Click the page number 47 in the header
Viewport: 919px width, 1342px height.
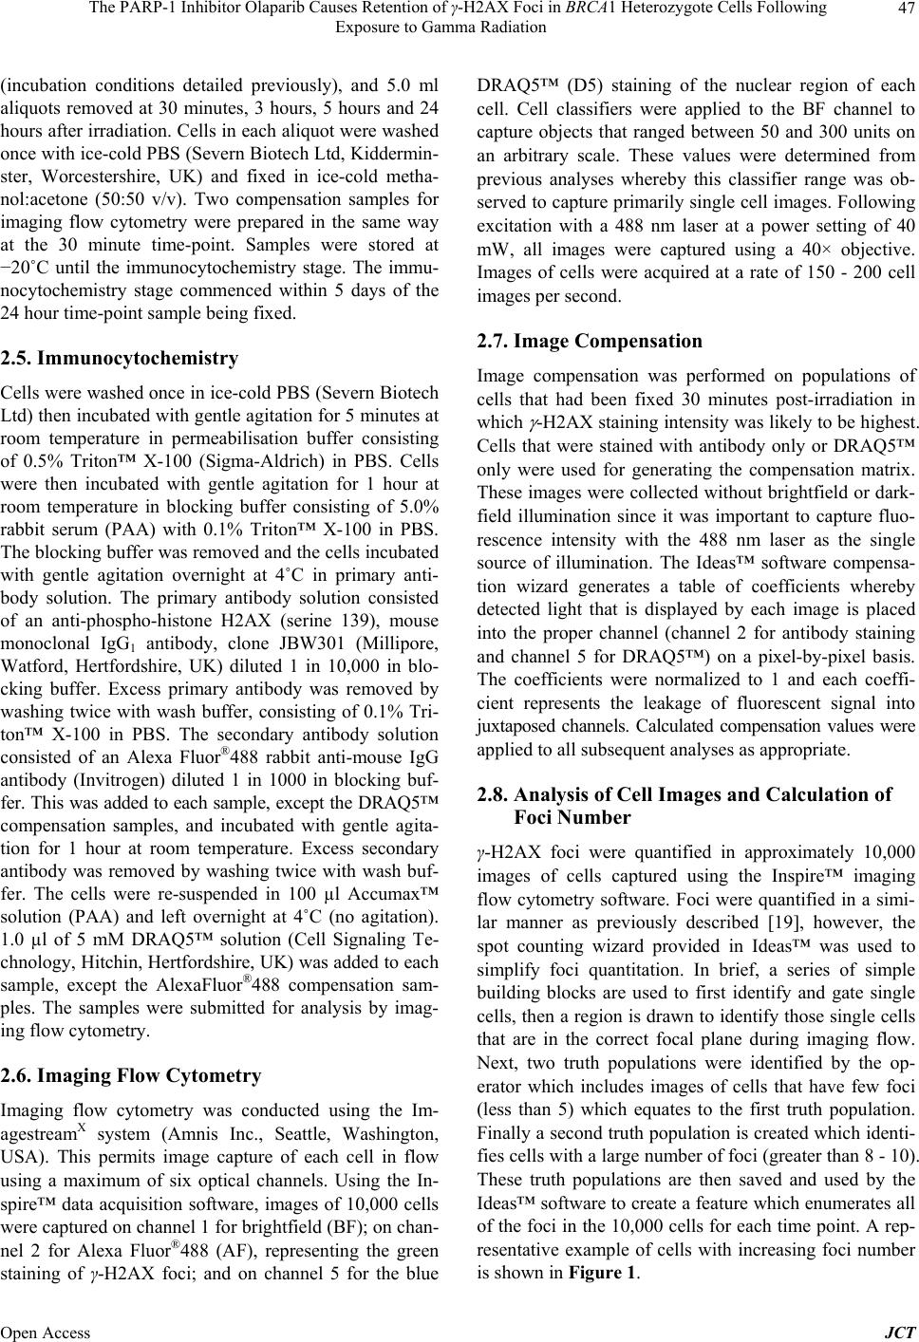(x=903, y=9)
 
